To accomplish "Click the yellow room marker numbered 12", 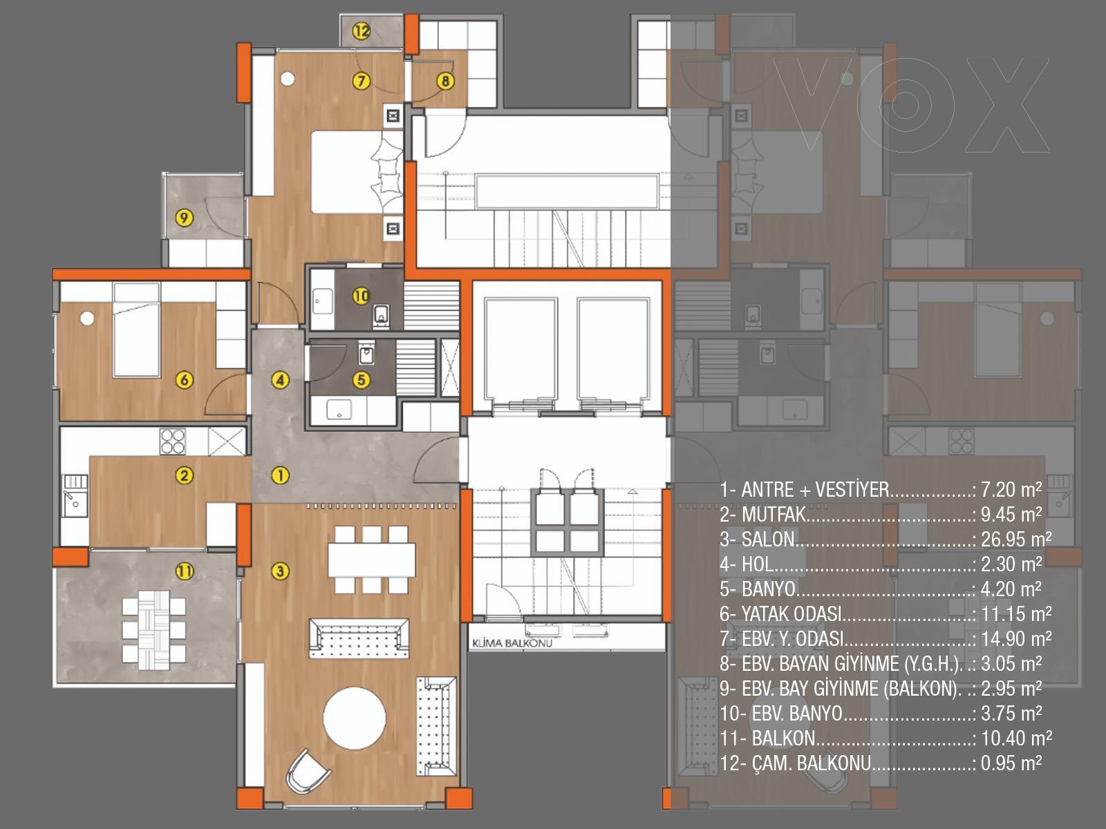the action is click(362, 31).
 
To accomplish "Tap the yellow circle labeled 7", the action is click(362, 81).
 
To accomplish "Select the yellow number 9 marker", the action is click(184, 218).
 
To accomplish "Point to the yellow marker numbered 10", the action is click(362, 296).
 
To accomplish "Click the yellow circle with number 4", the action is click(280, 380).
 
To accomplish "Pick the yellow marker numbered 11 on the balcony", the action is click(184, 571).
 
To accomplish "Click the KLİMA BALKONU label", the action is click(512, 642).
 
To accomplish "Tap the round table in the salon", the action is click(354, 718).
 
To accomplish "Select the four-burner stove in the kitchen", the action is click(172, 441).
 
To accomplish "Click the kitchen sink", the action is click(75, 496).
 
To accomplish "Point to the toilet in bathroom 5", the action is click(366, 353).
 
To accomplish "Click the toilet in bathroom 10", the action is click(382, 314).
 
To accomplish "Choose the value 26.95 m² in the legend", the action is click(1016, 539).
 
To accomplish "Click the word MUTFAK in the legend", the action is click(774, 515).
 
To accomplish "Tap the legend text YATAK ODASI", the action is click(791, 613).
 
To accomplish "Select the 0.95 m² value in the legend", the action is click(1011, 763).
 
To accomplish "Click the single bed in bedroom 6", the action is click(137, 330).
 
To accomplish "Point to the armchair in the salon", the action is click(307, 772).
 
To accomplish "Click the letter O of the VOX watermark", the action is click(906, 105).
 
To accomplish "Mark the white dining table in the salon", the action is click(372, 560).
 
